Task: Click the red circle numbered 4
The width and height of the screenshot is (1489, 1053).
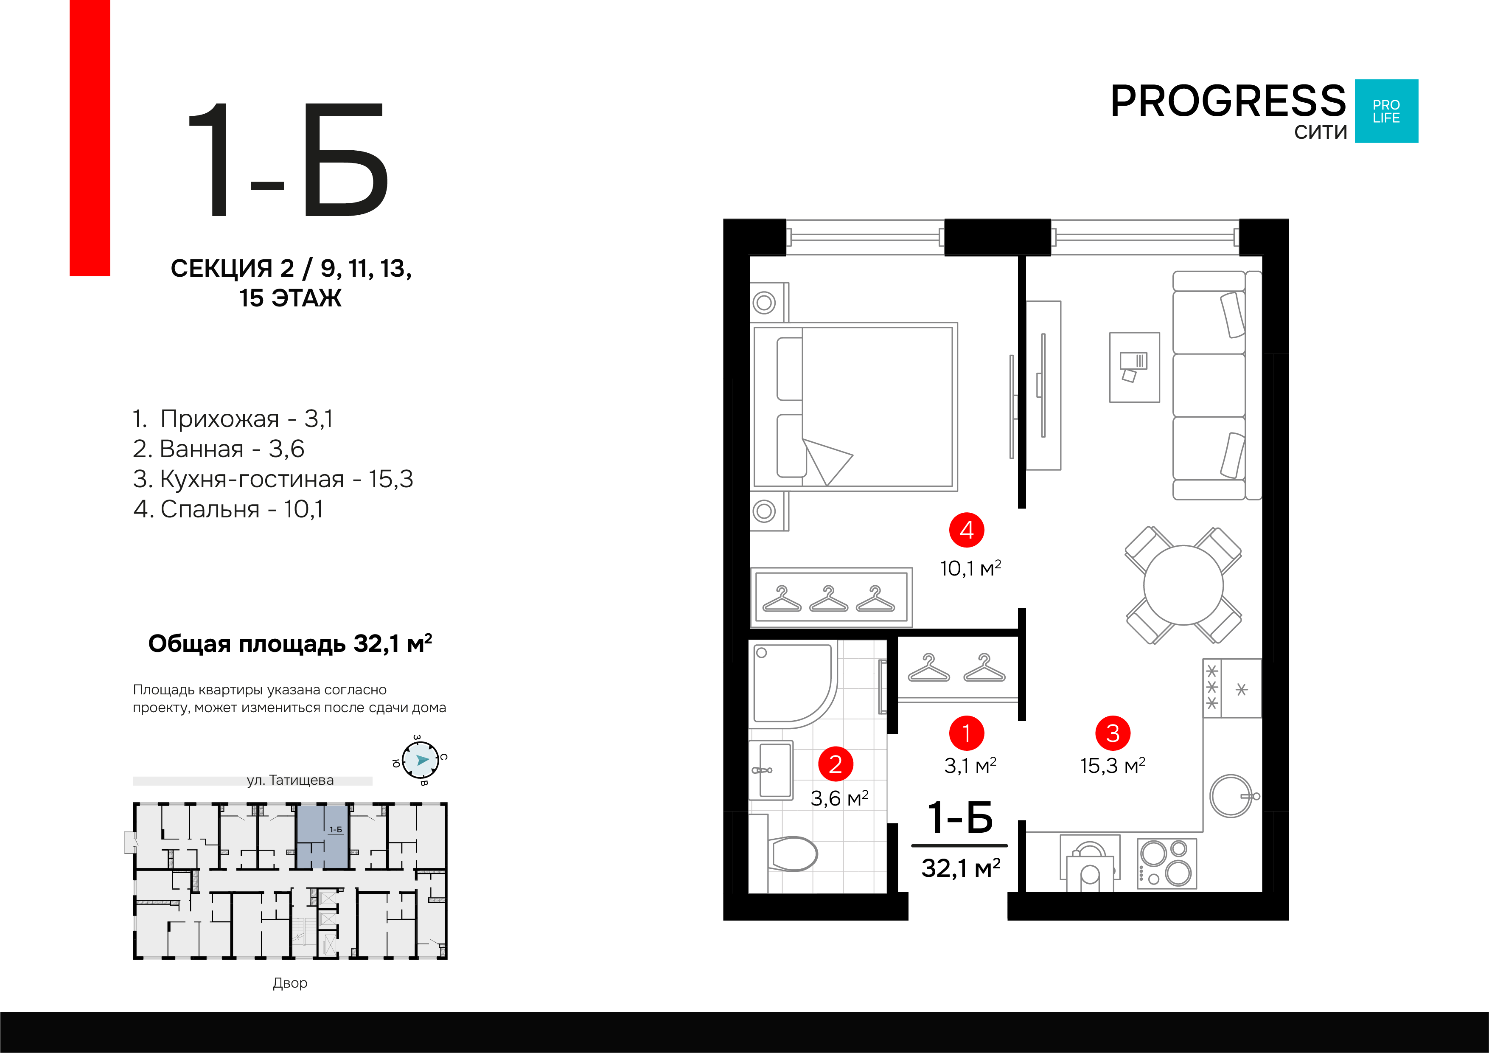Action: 966,530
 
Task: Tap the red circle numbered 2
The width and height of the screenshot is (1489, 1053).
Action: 835,764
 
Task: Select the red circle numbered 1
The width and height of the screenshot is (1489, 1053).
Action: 966,733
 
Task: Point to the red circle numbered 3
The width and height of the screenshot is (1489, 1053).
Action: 1113,733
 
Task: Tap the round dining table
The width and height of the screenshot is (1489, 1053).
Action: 1183,585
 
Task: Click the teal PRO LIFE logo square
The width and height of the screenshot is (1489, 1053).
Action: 1387,111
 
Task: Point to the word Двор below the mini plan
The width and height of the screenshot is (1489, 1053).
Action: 290,983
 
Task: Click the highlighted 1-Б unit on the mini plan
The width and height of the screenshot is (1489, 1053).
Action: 323,837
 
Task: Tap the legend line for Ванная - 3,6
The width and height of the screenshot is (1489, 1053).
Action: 219,448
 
